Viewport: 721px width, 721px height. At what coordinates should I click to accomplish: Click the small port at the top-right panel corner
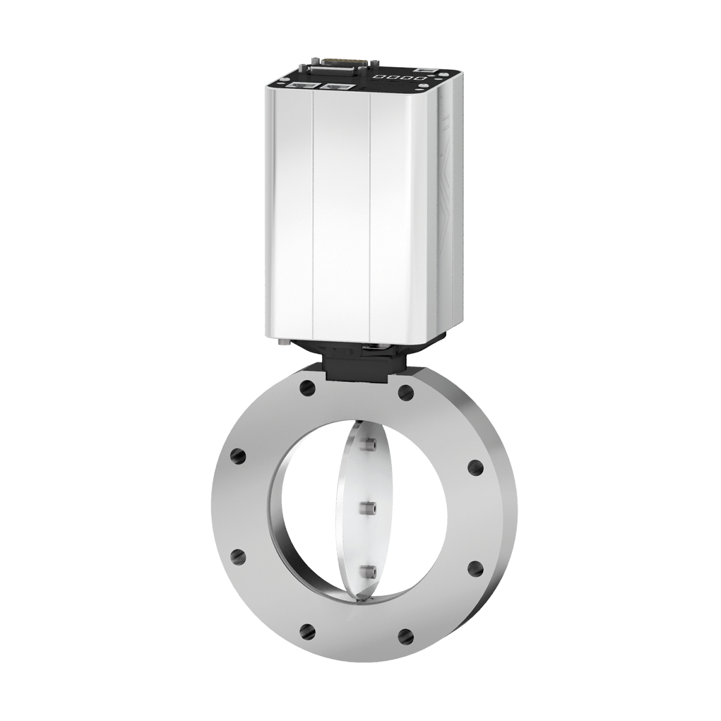(x=428, y=71)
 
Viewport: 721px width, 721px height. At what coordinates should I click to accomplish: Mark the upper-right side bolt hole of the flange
(x=475, y=467)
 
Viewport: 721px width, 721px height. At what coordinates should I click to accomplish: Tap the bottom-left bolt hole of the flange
(x=307, y=630)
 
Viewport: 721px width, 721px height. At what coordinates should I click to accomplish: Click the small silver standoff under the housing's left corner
(x=283, y=342)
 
